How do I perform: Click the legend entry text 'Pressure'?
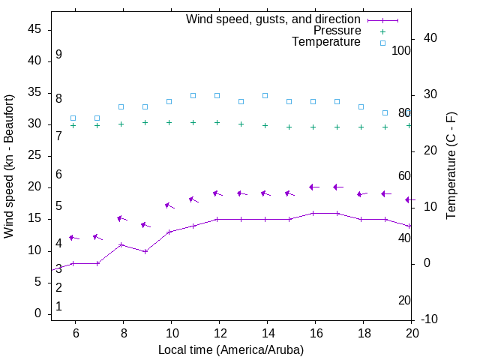click(337, 31)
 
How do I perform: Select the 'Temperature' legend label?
click(326, 42)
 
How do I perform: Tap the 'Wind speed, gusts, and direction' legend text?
click(273, 19)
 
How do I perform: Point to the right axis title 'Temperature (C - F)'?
click(451, 166)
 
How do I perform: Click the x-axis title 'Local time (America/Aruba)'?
click(231, 349)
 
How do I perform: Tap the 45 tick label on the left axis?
click(35, 29)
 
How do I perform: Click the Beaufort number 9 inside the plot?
click(58, 55)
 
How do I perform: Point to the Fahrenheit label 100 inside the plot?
click(401, 50)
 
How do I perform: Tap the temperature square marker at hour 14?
click(265, 95)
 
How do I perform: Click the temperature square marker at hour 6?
click(73, 118)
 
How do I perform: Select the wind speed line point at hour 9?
click(145, 251)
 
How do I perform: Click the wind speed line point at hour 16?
click(313, 213)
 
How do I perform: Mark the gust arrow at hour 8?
click(121, 218)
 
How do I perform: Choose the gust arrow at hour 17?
click(337, 187)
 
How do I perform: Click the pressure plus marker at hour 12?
click(217, 122)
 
